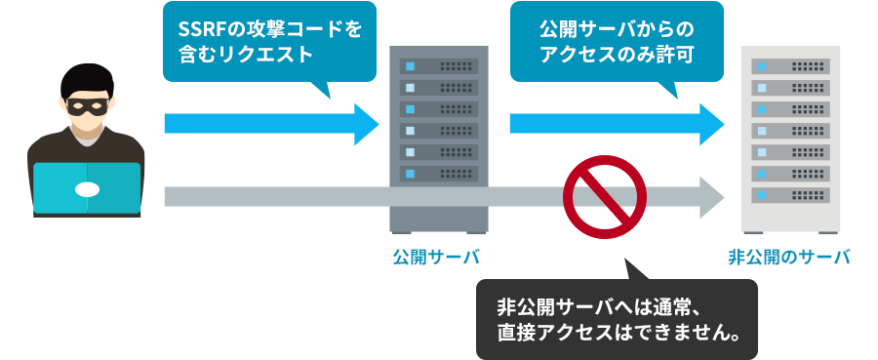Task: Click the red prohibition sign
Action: (x=605, y=197)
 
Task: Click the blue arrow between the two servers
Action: (x=615, y=123)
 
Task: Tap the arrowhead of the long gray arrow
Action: (x=709, y=197)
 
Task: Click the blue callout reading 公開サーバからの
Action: (x=617, y=42)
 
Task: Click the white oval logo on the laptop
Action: (x=86, y=188)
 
